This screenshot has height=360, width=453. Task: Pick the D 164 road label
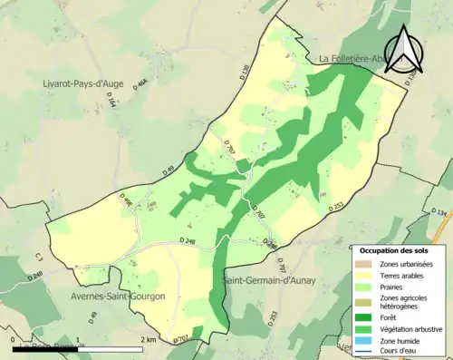pos(112,103)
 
